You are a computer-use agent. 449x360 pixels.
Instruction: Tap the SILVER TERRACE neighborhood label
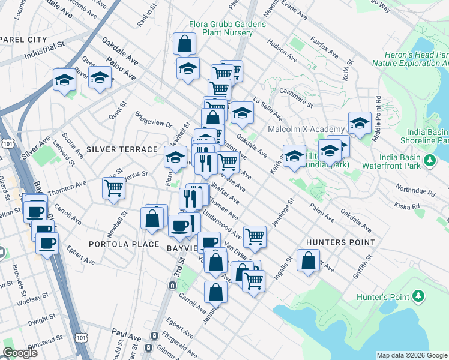[122, 149]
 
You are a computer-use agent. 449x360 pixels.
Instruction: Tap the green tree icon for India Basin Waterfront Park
[430, 160]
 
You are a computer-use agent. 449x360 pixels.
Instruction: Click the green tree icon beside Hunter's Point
[418, 297]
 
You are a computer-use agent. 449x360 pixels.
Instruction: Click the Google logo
[20, 353]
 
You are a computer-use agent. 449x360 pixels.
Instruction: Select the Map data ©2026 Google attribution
[412, 355]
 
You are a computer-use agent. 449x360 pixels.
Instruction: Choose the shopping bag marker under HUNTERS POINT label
[308, 261]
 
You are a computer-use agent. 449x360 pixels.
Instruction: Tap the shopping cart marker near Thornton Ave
[114, 188]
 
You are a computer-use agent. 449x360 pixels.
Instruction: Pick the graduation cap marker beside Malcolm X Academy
[359, 122]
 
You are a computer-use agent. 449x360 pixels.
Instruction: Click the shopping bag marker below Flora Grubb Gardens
[184, 43]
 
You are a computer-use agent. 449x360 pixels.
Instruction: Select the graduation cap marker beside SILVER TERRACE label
[175, 158]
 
